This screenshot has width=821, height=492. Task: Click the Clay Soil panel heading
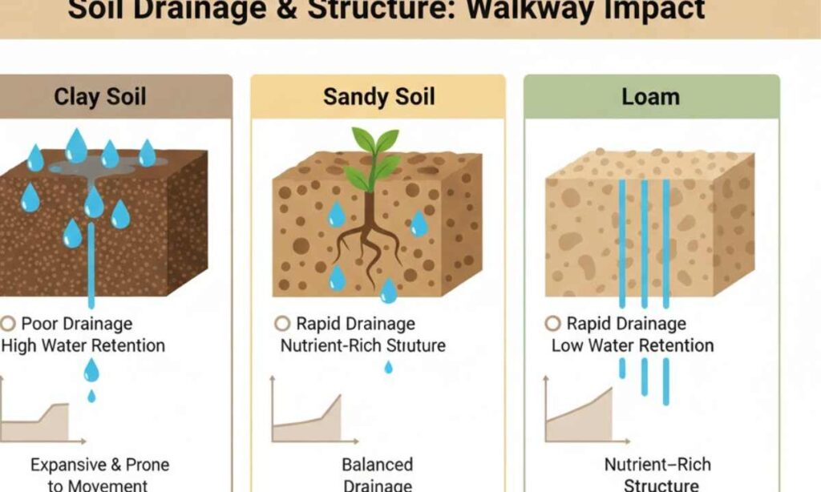(x=100, y=97)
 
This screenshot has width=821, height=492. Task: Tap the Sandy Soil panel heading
(x=378, y=97)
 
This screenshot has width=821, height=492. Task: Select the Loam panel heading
(x=650, y=97)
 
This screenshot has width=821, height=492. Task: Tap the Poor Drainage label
(x=77, y=324)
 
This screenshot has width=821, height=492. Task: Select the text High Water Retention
(x=83, y=345)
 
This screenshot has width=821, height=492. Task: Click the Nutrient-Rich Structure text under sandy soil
(x=362, y=345)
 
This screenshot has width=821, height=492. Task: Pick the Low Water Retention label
(x=633, y=345)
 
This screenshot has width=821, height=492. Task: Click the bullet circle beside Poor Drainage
(x=9, y=324)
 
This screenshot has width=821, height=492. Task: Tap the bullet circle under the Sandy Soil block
(x=281, y=324)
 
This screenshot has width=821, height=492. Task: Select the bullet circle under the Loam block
(x=552, y=324)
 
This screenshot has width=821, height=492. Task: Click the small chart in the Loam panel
(x=579, y=410)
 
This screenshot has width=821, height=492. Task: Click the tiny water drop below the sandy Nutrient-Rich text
(x=389, y=367)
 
